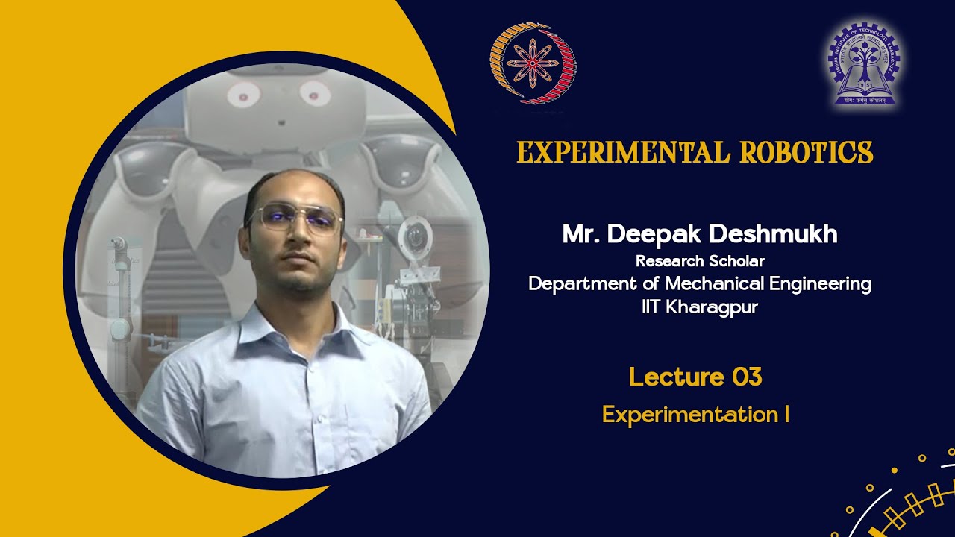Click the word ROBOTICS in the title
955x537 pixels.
pyautogui.click(x=807, y=152)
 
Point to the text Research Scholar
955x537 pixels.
pyautogui.click(x=700, y=261)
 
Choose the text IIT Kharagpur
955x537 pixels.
pyautogui.click(x=700, y=307)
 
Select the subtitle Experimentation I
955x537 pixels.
pyautogui.click(x=695, y=415)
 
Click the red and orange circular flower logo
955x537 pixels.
pyautogui.click(x=533, y=63)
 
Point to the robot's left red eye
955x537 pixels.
pyautogui.click(x=243, y=94)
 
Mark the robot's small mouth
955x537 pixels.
pyautogui.click(x=280, y=121)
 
